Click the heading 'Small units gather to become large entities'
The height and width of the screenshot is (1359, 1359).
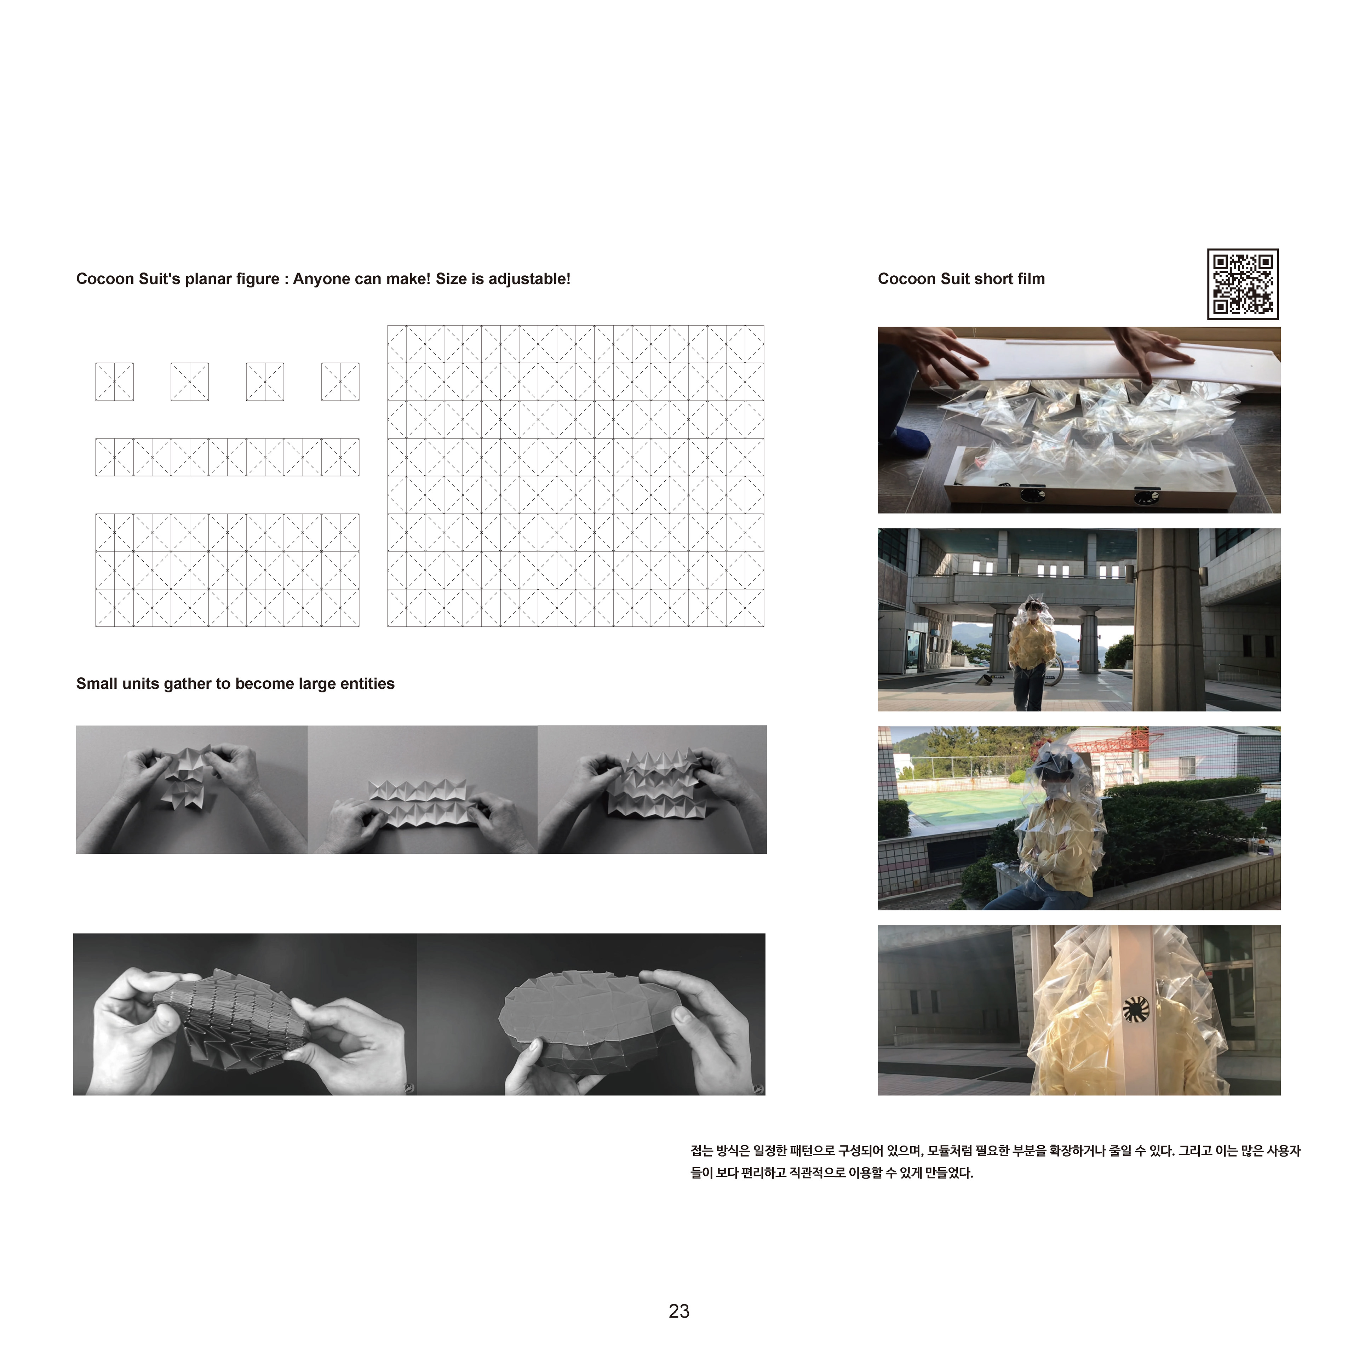(x=235, y=684)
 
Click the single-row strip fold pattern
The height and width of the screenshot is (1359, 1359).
(x=227, y=457)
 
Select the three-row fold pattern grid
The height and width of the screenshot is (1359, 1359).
(x=227, y=570)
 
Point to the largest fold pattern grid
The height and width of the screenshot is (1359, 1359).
(x=575, y=476)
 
